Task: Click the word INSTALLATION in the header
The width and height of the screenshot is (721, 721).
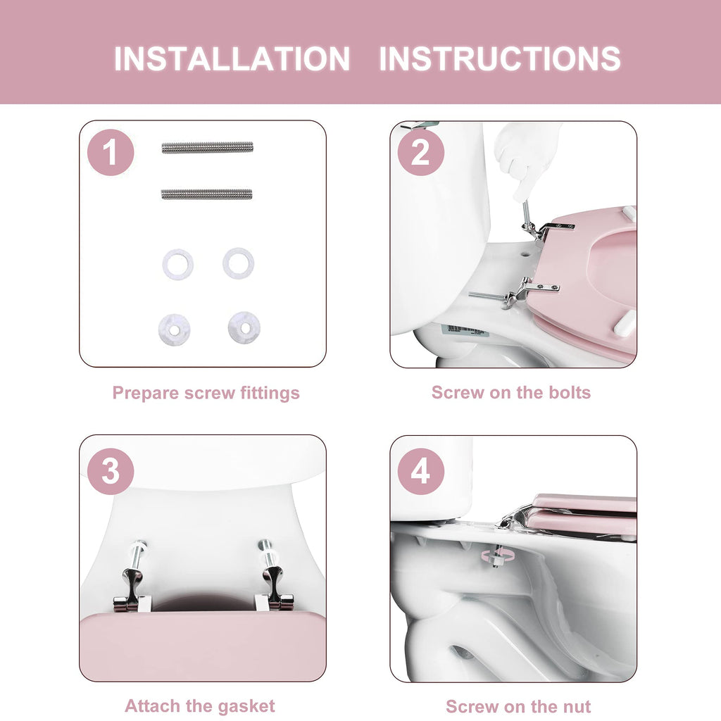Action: (x=232, y=58)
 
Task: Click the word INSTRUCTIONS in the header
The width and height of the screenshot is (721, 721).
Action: (x=500, y=58)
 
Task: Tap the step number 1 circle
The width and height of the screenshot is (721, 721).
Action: (x=111, y=152)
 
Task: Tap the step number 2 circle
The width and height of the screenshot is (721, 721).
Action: (x=421, y=152)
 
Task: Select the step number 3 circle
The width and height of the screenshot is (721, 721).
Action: (x=111, y=471)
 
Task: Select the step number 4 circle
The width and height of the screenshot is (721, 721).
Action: (x=421, y=471)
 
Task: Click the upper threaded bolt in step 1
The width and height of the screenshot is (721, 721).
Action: (x=208, y=148)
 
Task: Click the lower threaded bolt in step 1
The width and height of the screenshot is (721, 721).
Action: (x=207, y=194)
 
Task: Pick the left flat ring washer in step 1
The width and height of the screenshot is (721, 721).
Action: (x=178, y=265)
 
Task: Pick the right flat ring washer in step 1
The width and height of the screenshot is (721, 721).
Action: (x=238, y=263)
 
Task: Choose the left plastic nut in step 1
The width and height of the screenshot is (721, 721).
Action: (x=175, y=330)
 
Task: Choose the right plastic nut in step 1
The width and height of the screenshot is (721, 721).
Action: (x=244, y=328)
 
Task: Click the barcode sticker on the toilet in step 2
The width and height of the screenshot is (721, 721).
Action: (x=463, y=330)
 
